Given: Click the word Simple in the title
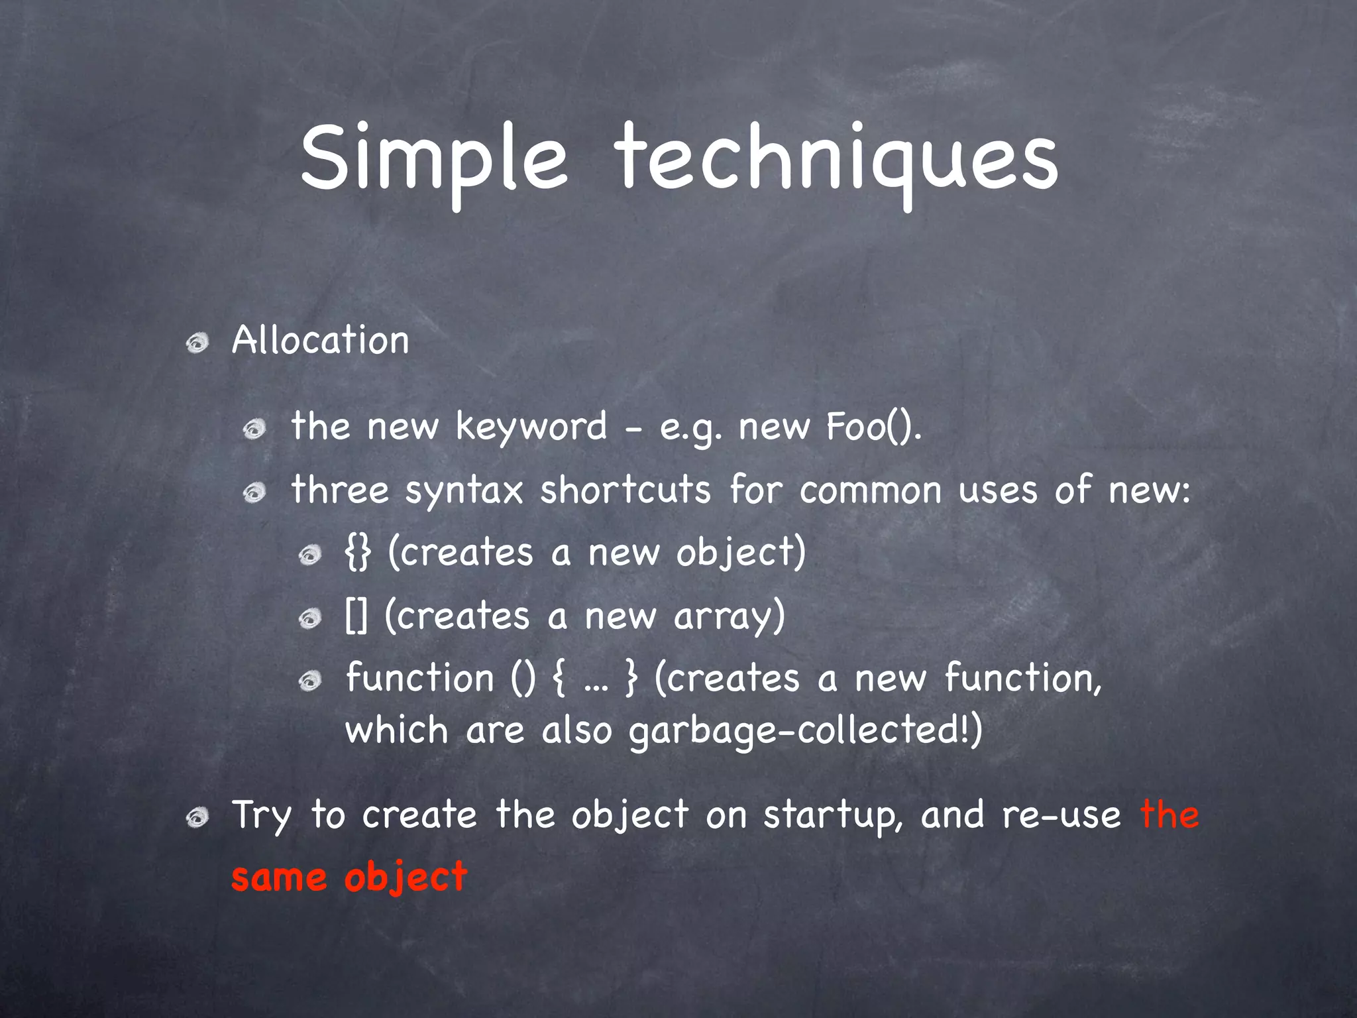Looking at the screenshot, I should (434, 159).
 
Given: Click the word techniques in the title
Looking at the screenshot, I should (836, 159).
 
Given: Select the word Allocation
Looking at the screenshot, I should (320, 341).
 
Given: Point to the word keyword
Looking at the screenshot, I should (531, 426).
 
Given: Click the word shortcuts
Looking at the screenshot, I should (625, 490).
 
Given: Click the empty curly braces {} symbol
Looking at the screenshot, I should (358, 553).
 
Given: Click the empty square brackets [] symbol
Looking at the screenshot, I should (356, 616).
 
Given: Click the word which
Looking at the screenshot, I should (397, 730).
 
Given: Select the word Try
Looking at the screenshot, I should (261, 815).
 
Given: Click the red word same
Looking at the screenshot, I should (278, 877).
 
